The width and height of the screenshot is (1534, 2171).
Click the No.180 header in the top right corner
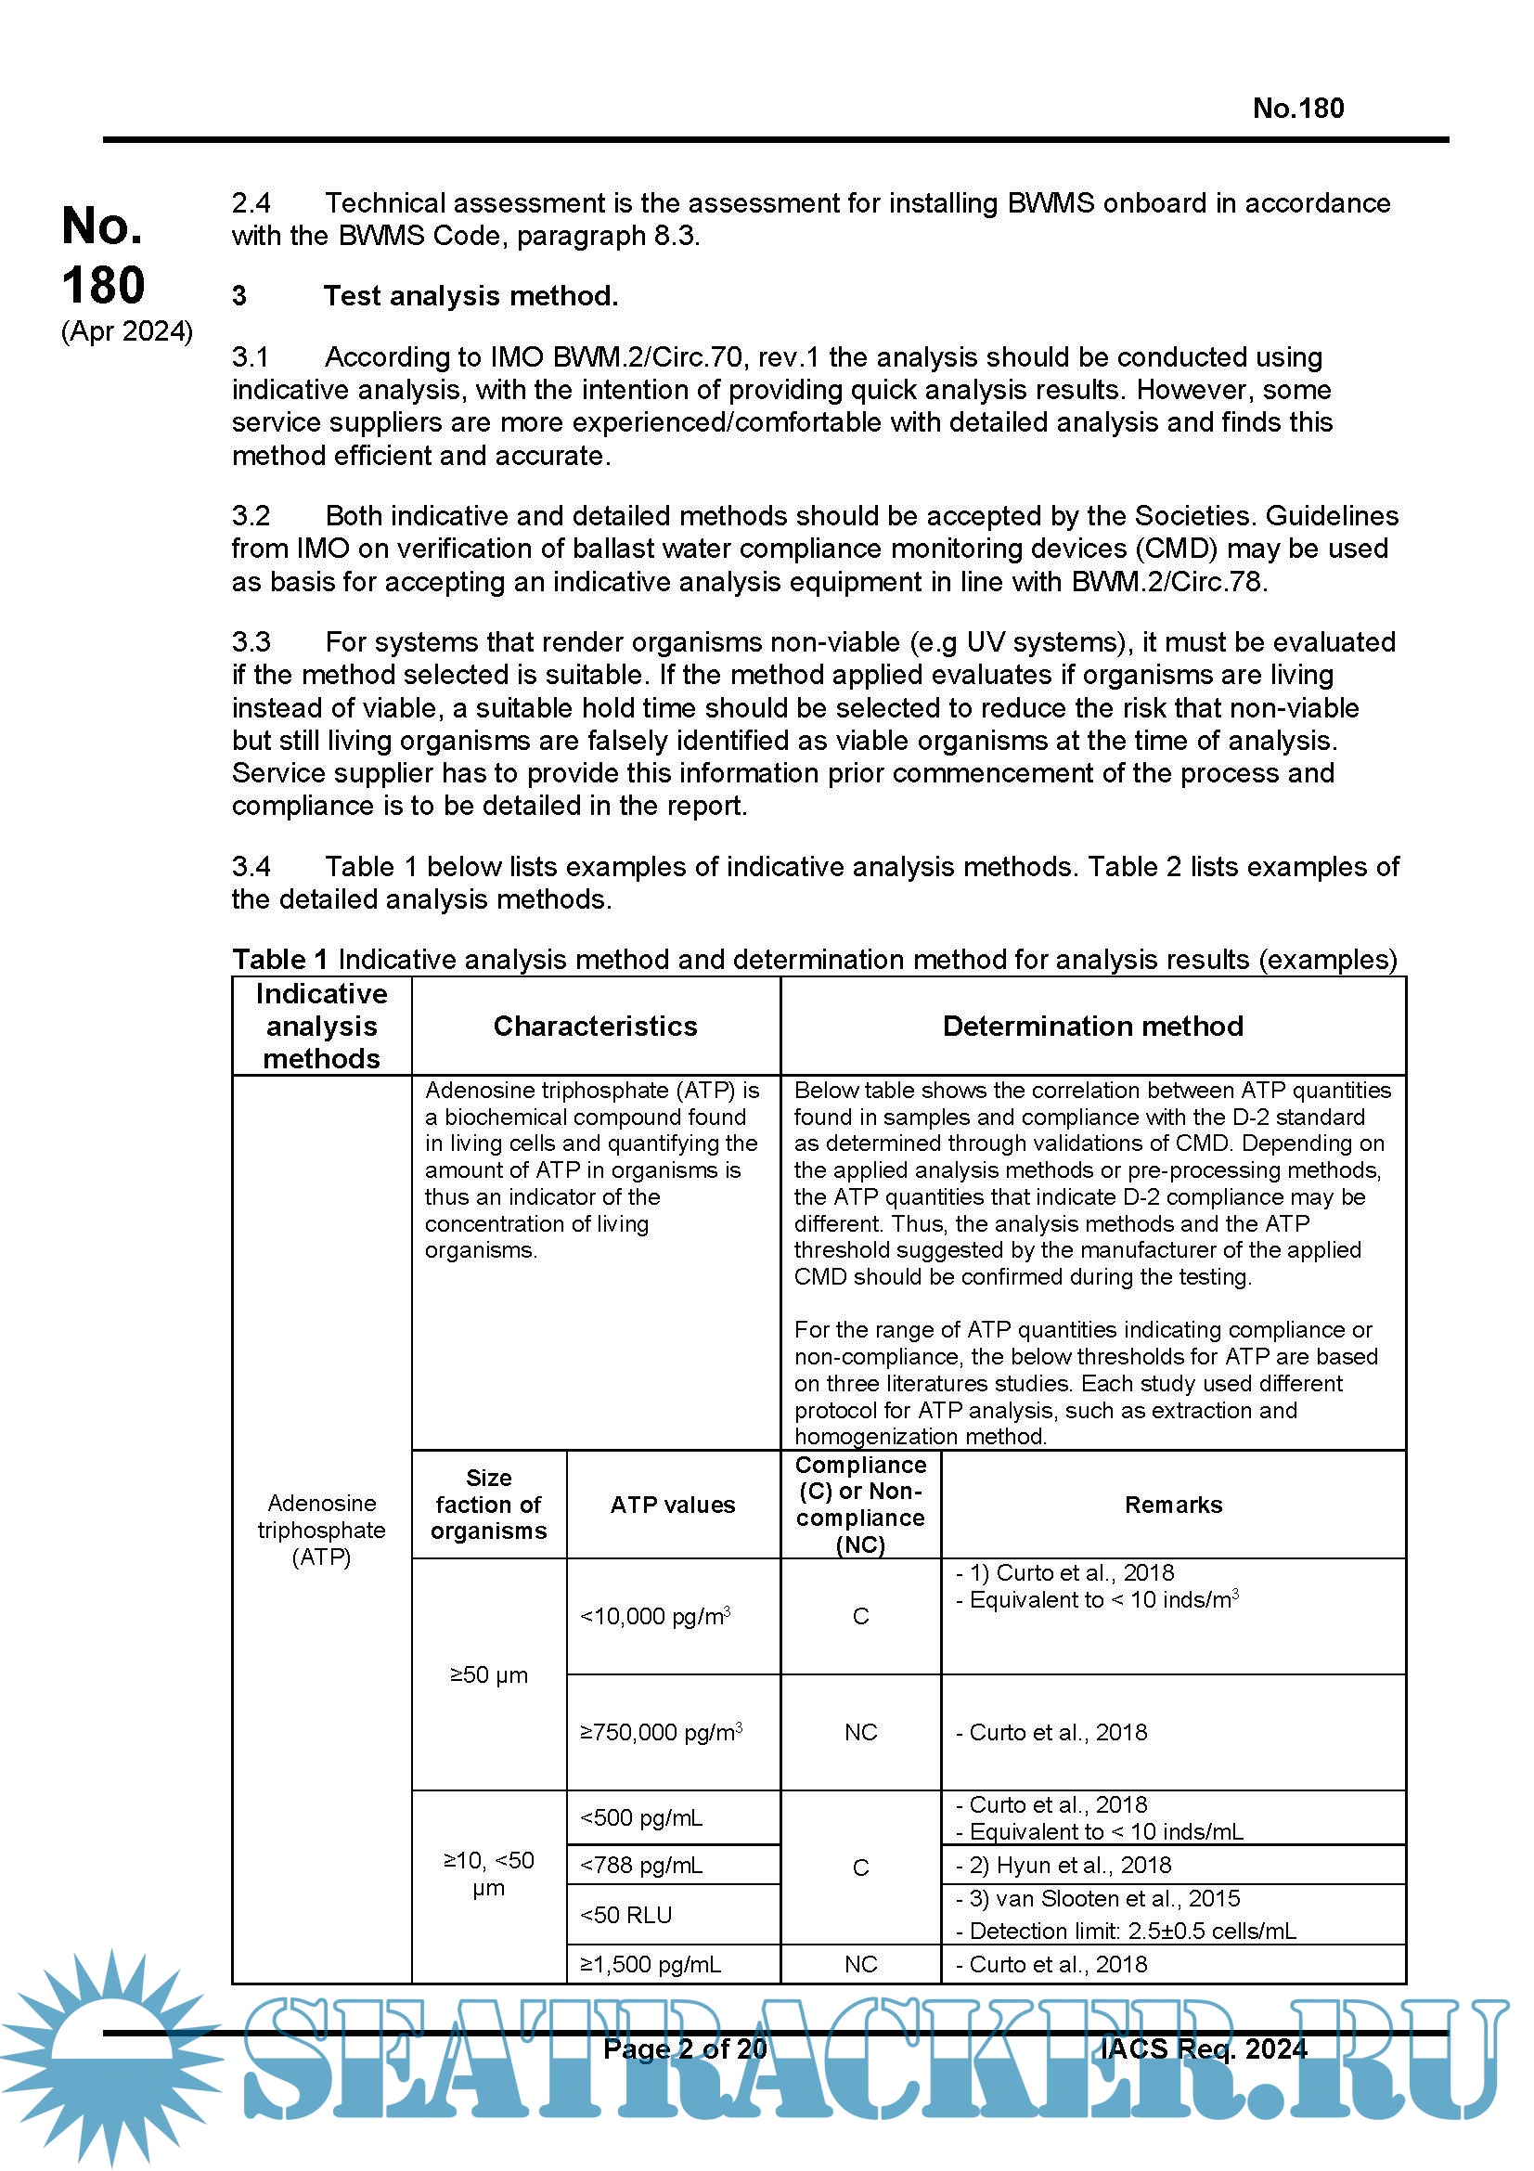(x=1296, y=109)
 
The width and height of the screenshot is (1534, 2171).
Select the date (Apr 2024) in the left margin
(x=126, y=331)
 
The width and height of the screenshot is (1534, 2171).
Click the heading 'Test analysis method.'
(x=470, y=296)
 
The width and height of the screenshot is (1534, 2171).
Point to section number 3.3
(x=251, y=642)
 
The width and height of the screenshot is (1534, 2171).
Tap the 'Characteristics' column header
(x=595, y=1026)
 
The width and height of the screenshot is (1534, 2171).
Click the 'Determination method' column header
(x=1091, y=1026)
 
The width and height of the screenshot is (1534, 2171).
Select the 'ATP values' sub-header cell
(x=672, y=1505)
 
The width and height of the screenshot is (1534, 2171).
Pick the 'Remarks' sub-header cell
(x=1172, y=1505)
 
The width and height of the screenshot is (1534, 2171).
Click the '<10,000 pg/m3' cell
(x=655, y=1617)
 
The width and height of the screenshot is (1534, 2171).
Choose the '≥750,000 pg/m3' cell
(x=661, y=1732)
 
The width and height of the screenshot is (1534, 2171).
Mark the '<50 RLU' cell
(x=625, y=1915)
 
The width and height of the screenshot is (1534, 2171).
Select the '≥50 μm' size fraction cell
(x=489, y=1674)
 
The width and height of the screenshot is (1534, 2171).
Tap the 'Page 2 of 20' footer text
(x=684, y=2048)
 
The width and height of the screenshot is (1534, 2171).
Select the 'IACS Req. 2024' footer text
(x=1204, y=2048)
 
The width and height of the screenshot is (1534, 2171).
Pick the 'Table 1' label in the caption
(x=279, y=960)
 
